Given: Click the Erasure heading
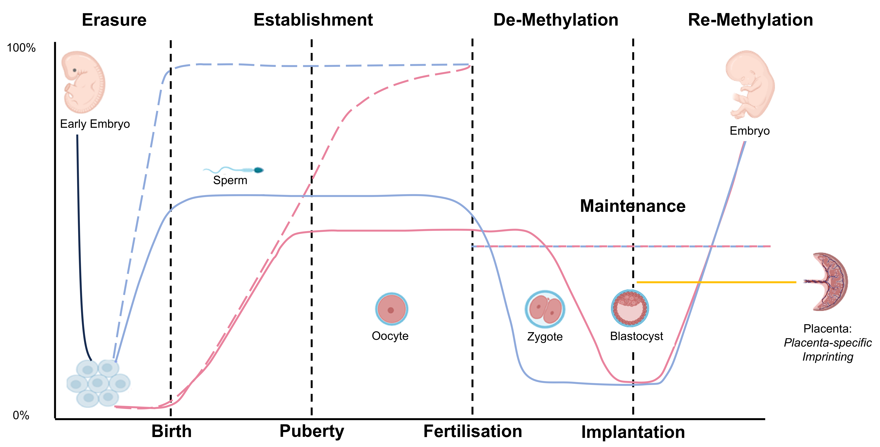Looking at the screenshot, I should click(x=114, y=20).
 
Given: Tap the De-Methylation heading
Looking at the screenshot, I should click(x=556, y=20).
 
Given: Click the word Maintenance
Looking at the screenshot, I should click(x=633, y=206).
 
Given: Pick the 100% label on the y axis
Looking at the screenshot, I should click(x=21, y=48).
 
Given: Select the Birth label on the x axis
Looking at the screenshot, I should click(x=171, y=431).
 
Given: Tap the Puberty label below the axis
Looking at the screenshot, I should click(x=312, y=431).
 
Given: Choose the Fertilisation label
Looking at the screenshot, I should click(x=473, y=431).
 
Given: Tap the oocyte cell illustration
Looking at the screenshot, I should click(x=391, y=309).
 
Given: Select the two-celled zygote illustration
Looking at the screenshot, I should click(x=545, y=309).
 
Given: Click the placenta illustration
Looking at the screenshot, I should click(x=828, y=282).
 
